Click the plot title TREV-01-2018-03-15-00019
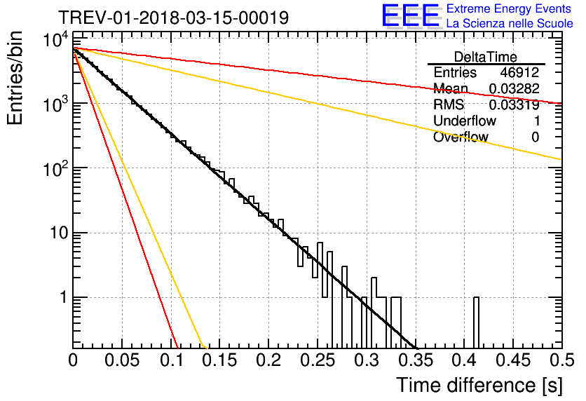(x=172, y=18)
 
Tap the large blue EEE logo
(x=410, y=17)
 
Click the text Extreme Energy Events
(x=509, y=9)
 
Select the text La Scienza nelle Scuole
(x=509, y=24)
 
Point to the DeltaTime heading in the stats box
(x=486, y=57)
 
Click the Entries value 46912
(x=519, y=73)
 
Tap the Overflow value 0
(x=535, y=137)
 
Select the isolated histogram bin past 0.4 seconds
(x=477, y=322)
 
